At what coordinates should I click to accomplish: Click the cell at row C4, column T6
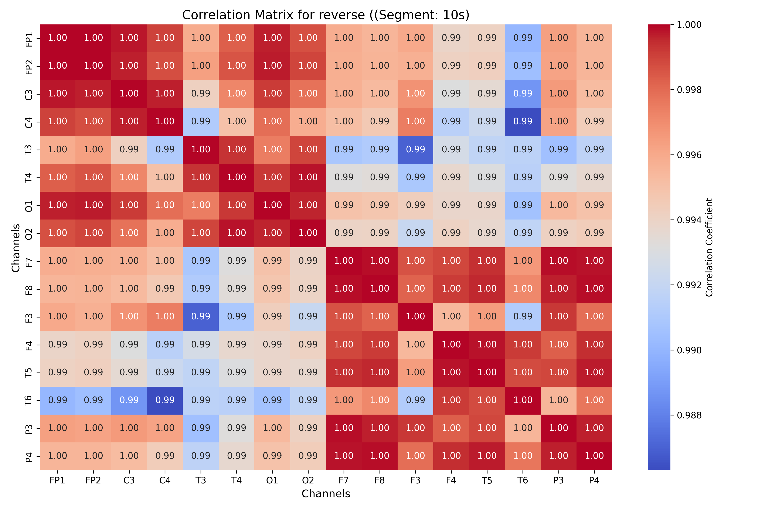[x=523, y=122]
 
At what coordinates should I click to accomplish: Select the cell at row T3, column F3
[x=415, y=150]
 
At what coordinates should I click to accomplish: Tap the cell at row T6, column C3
[x=129, y=400]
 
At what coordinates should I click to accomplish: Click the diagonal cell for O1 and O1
[x=272, y=205]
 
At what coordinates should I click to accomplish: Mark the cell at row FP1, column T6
[x=523, y=38]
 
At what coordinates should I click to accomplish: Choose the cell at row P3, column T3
[x=201, y=428]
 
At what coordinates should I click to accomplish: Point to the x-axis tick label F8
[x=380, y=480]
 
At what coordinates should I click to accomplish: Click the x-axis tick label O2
[x=308, y=480]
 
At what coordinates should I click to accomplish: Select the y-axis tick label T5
[x=29, y=373]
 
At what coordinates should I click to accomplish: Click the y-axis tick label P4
[x=29, y=456]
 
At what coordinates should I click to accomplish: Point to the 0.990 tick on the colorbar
[x=689, y=350]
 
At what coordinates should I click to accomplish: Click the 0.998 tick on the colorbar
[x=689, y=90]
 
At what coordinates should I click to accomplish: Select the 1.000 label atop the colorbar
[x=689, y=25]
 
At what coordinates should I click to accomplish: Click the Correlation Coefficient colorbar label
[x=709, y=247]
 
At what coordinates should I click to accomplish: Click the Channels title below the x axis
[x=326, y=494]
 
